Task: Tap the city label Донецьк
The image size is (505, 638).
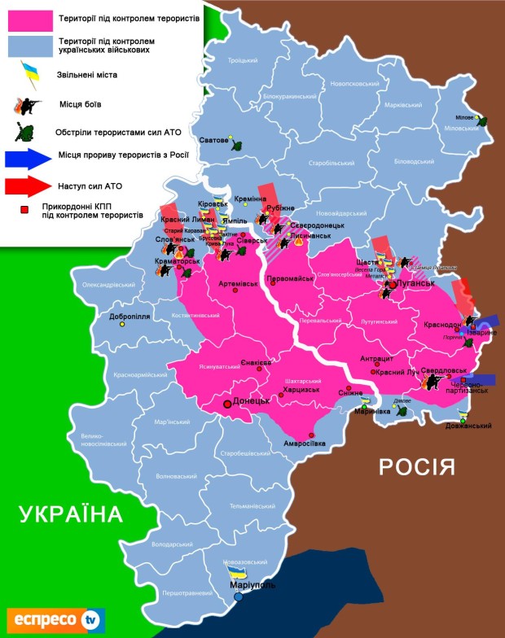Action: (252, 401)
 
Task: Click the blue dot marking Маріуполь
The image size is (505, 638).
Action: (238, 597)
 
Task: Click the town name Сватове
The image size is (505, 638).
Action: (214, 140)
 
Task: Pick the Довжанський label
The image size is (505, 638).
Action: (472, 426)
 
